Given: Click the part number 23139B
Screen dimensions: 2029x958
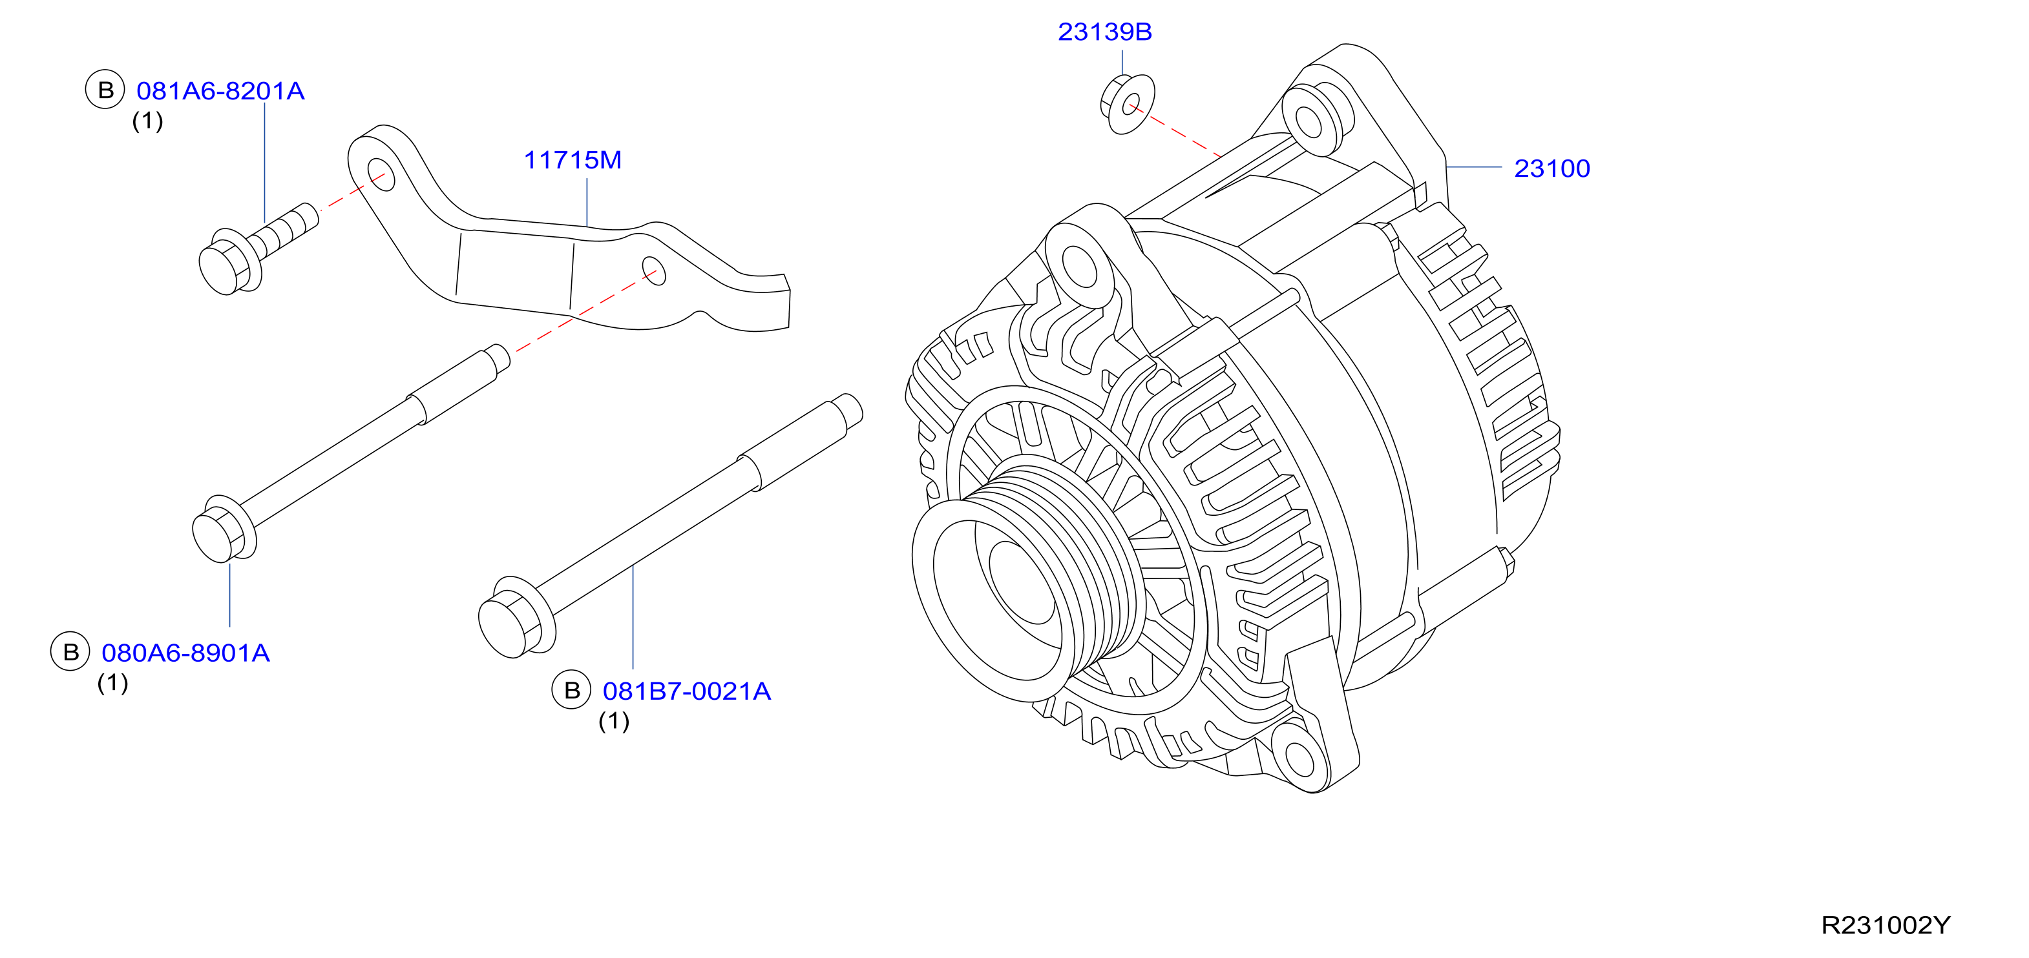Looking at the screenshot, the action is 1104,32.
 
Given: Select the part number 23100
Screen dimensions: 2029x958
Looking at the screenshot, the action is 1551,168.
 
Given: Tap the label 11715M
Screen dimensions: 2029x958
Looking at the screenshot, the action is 573,160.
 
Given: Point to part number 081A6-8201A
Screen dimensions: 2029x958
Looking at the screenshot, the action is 220,91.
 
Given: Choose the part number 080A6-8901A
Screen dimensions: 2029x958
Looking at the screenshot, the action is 186,653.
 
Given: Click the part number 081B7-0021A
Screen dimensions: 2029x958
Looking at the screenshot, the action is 687,691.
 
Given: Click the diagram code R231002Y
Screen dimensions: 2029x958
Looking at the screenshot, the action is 1886,925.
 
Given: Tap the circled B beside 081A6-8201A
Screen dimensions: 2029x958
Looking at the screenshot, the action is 105,90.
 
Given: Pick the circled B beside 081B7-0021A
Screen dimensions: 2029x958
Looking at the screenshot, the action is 572,690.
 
